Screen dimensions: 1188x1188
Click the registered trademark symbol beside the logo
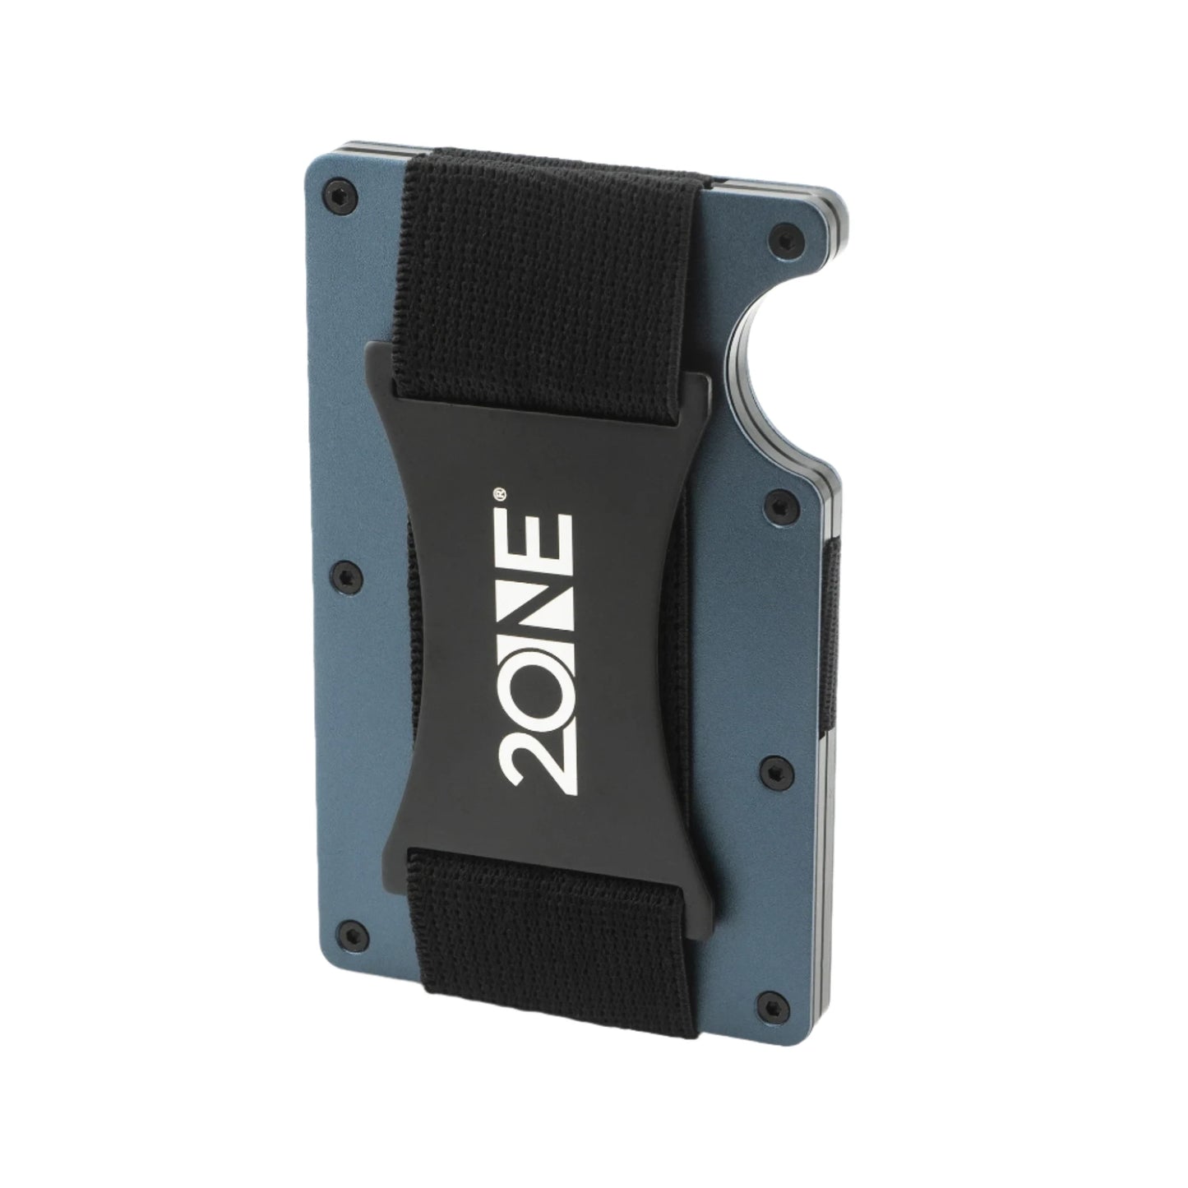[499, 493]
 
